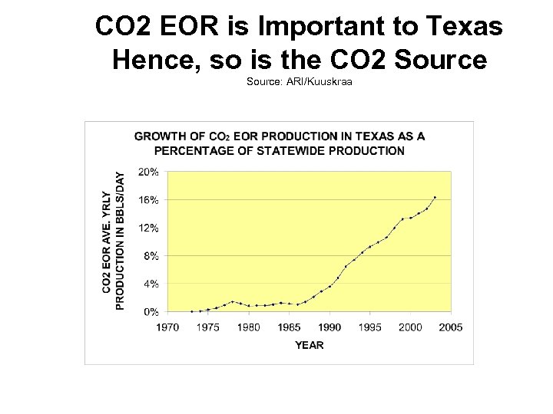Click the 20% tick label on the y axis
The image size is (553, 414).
pos(149,172)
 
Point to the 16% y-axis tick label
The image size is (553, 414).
pos(149,199)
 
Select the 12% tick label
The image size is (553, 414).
pos(149,228)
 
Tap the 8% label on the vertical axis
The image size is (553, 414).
pos(151,255)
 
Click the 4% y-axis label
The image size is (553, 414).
pos(151,284)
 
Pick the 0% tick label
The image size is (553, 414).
pos(151,311)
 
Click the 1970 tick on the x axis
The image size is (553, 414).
pos(167,327)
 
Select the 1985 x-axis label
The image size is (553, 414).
pos(289,327)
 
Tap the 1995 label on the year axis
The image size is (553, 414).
pos(369,327)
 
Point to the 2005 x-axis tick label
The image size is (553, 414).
pos(450,327)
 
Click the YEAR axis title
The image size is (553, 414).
pos(309,345)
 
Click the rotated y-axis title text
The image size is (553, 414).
pos(113,240)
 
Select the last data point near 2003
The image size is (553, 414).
pos(435,197)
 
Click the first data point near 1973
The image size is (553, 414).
pos(191,311)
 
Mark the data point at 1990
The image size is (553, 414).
pos(329,286)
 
